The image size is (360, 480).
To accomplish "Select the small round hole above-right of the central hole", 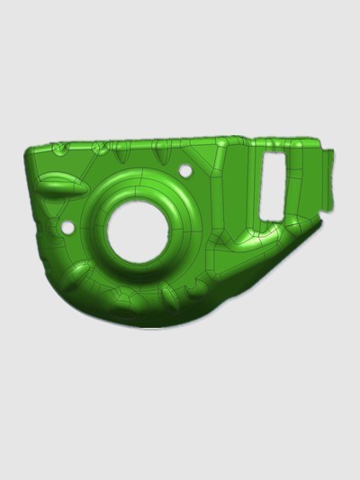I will pyautogui.click(x=185, y=170).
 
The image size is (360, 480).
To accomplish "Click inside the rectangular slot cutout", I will pyautogui.click(x=272, y=184).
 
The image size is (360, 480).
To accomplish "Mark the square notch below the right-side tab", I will pyautogui.click(x=316, y=216).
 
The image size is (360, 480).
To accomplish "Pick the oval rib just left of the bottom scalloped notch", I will pyautogui.click(x=169, y=293).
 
